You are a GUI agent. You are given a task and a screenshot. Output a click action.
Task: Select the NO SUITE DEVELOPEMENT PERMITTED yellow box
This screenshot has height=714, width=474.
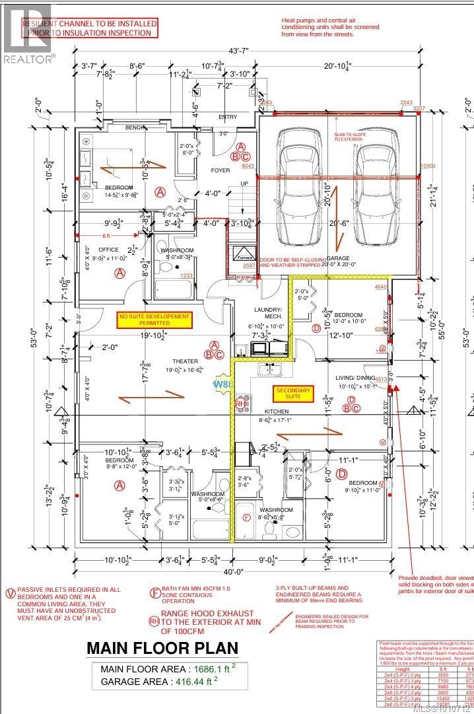pos(154,320)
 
